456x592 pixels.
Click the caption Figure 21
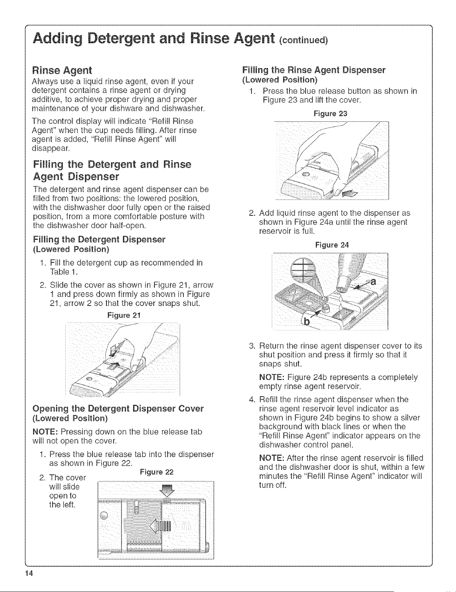point(124,315)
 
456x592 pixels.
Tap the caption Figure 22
point(156,472)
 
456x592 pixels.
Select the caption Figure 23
point(330,114)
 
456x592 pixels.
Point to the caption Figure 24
point(332,245)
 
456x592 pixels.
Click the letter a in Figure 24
point(373,282)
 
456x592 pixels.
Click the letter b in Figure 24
point(307,322)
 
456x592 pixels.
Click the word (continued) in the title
point(303,40)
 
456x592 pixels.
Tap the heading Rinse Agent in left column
point(62,70)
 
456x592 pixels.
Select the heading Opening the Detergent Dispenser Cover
point(118,409)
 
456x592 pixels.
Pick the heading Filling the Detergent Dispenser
point(99,239)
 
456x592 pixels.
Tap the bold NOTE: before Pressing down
point(45,432)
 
